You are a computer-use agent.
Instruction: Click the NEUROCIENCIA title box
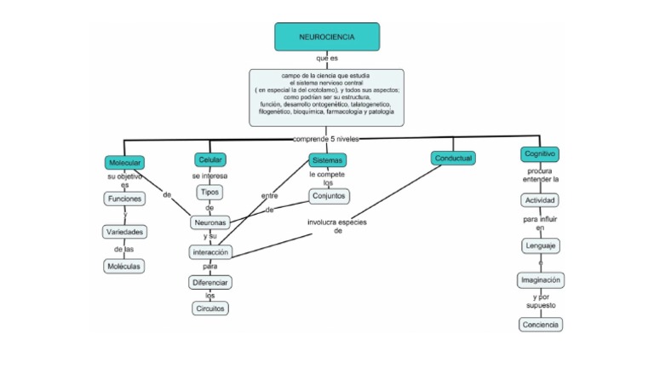[327, 37]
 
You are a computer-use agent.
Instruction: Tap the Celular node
[210, 160]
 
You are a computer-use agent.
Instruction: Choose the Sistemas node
[328, 160]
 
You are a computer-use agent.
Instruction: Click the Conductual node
[453, 159]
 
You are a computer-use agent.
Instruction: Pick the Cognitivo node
[540, 154]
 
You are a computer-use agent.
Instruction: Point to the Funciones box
[124, 199]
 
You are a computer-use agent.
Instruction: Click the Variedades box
[124, 232]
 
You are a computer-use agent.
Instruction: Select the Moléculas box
[124, 266]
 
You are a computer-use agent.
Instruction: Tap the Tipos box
[209, 192]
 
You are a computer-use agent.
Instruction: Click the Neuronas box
[209, 222]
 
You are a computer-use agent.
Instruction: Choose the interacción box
[209, 252]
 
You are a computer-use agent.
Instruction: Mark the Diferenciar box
[209, 282]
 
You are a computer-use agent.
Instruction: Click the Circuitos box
[209, 308]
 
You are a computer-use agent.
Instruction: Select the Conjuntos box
[328, 196]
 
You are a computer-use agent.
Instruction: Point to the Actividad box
[541, 200]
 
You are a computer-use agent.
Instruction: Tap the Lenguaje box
[541, 245]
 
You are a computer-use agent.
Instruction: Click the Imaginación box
[541, 280]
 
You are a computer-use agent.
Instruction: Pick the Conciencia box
[541, 324]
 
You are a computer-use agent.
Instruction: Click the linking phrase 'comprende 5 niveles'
[327, 138]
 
